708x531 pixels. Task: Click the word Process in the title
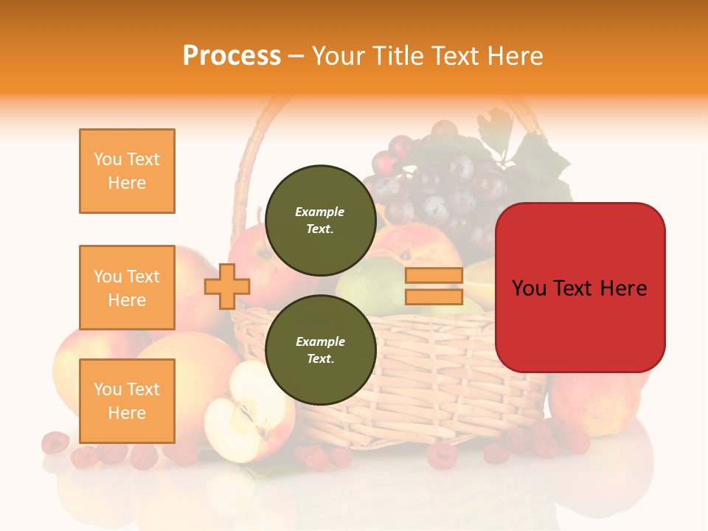coord(232,56)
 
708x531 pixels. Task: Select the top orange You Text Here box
coord(127,171)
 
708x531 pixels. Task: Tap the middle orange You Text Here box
coord(127,288)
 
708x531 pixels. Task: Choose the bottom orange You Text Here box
coord(127,400)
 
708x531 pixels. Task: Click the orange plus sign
coord(226,286)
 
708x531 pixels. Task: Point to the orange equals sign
coord(434,286)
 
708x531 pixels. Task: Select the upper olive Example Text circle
coord(320,220)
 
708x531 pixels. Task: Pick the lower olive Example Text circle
coord(320,350)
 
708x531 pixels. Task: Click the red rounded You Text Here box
coord(580,288)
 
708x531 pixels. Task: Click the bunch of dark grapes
coord(435,184)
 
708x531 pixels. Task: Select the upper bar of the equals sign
coord(434,276)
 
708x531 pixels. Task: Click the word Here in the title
coord(514,56)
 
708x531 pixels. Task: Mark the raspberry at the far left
coord(55,442)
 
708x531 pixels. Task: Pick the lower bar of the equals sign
coord(434,296)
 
